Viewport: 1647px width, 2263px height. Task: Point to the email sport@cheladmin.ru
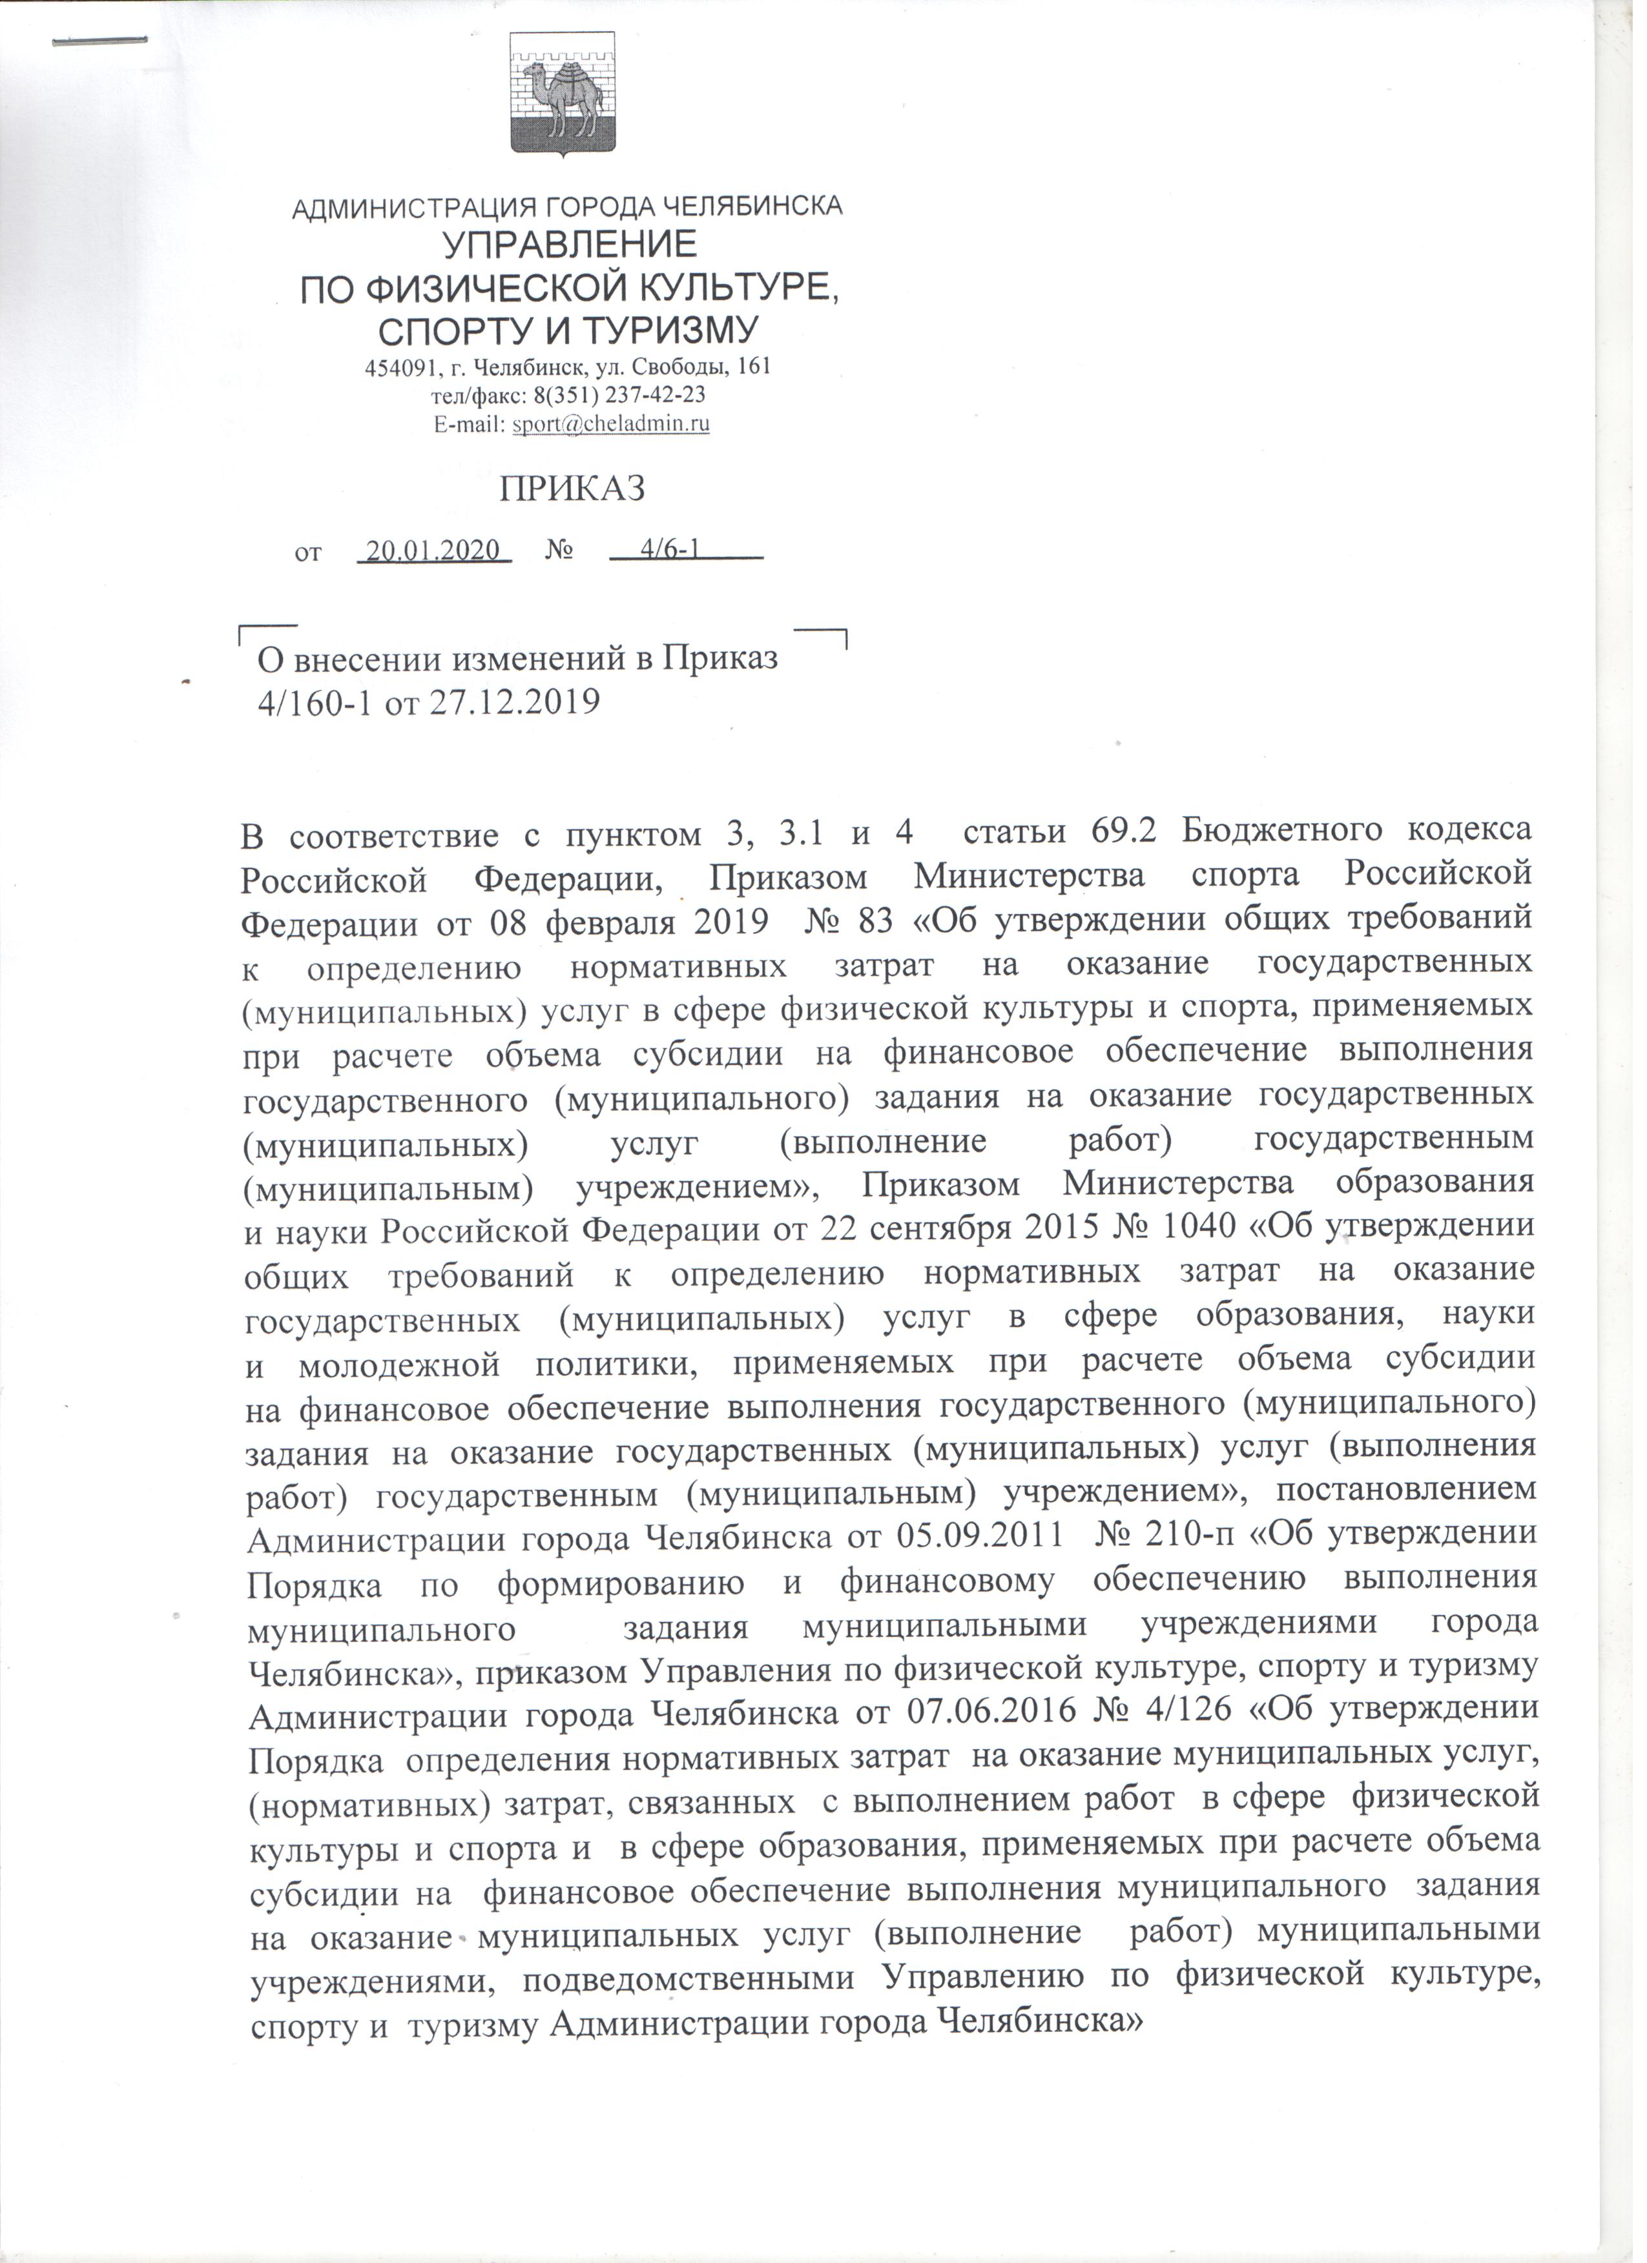point(611,423)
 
